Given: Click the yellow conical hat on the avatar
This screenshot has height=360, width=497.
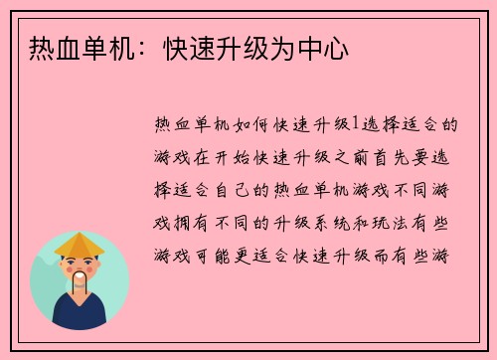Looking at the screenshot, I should tap(80, 243).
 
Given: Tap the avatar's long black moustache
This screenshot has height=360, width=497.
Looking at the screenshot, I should tap(80, 282).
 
